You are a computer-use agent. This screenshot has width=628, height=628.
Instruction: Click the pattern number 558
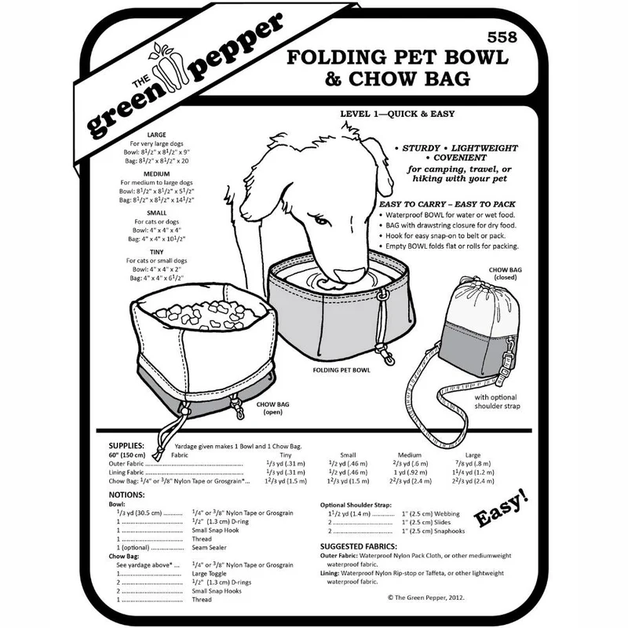[x=502, y=37]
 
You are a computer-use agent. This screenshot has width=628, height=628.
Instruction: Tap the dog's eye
[x=321, y=220]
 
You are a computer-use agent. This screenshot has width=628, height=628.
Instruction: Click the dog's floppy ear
[x=379, y=167]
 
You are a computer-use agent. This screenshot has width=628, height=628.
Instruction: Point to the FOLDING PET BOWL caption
[x=341, y=371]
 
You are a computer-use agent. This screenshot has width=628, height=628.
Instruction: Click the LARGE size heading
[x=156, y=135]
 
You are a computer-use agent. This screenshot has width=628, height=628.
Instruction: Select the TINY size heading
[x=156, y=252]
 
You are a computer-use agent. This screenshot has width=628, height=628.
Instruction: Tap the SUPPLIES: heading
[x=126, y=446]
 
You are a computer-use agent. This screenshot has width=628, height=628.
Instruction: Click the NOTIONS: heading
[x=126, y=495]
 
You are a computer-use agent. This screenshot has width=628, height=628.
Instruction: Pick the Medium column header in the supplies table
[x=410, y=455]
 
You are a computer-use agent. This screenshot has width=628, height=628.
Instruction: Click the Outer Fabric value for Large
[x=473, y=464]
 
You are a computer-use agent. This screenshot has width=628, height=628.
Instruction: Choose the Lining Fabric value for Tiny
[x=286, y=473]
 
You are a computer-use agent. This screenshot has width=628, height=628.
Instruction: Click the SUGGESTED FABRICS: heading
[x=359, y=546]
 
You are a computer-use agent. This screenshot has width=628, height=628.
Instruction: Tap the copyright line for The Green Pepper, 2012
[x=425, y=597]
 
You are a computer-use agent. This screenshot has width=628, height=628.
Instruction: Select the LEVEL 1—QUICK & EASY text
[x=397, y=114]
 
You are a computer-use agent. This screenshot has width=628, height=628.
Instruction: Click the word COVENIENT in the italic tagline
[x=460, y=158]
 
